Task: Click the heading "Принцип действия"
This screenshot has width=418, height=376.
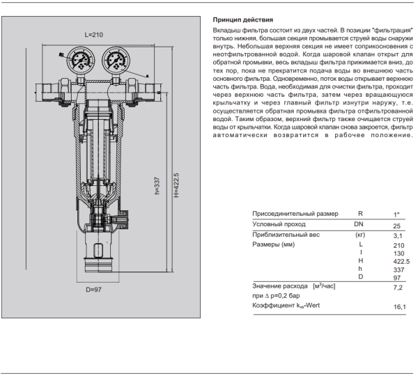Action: click(x=242, y=21)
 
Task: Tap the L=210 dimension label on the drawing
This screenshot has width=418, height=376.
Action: click(x=93, y=34)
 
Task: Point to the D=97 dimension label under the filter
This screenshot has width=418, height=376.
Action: click(x=95, y=289)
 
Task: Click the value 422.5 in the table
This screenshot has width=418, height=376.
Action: click(x=398, y=260)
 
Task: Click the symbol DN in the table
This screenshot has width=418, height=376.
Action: click(x=359, y=224)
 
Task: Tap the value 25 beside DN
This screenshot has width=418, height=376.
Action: click(x=397, y=226)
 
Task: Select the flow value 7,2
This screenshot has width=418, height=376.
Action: click(x=399, y=286)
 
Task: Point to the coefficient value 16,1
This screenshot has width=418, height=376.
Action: click(x=400, y=306)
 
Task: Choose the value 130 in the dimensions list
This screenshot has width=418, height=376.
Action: click(x=398, y=253)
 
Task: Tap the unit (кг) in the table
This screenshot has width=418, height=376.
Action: click(x=360, y=235)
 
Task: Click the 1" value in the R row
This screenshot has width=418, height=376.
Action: click(x=397, y=214)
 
